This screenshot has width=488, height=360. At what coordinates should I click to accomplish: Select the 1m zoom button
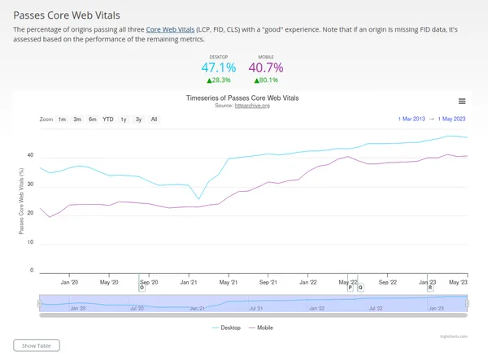click(x=62, y=119)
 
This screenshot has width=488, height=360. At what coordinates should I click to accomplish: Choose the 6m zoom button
click(x=92, y=119)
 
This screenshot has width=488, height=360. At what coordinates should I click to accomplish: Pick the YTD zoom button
click(x=107, y=119)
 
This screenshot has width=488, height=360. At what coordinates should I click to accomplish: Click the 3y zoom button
click(x=138, y=119)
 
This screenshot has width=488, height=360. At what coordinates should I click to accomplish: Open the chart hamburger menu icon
click(x=462, y=102)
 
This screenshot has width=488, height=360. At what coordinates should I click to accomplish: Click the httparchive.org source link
click(x=252, y=106)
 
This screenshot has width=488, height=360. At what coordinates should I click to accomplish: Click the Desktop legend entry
click(x=227, y=327)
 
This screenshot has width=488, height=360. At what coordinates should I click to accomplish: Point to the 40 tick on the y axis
click(x=30, y=154)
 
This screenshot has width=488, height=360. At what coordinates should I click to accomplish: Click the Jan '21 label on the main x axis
click(x=190, y=282)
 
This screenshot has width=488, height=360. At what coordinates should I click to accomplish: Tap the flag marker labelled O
click(x=142, y=288)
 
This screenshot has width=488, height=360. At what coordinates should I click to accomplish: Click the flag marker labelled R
click(x=429, y=288)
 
